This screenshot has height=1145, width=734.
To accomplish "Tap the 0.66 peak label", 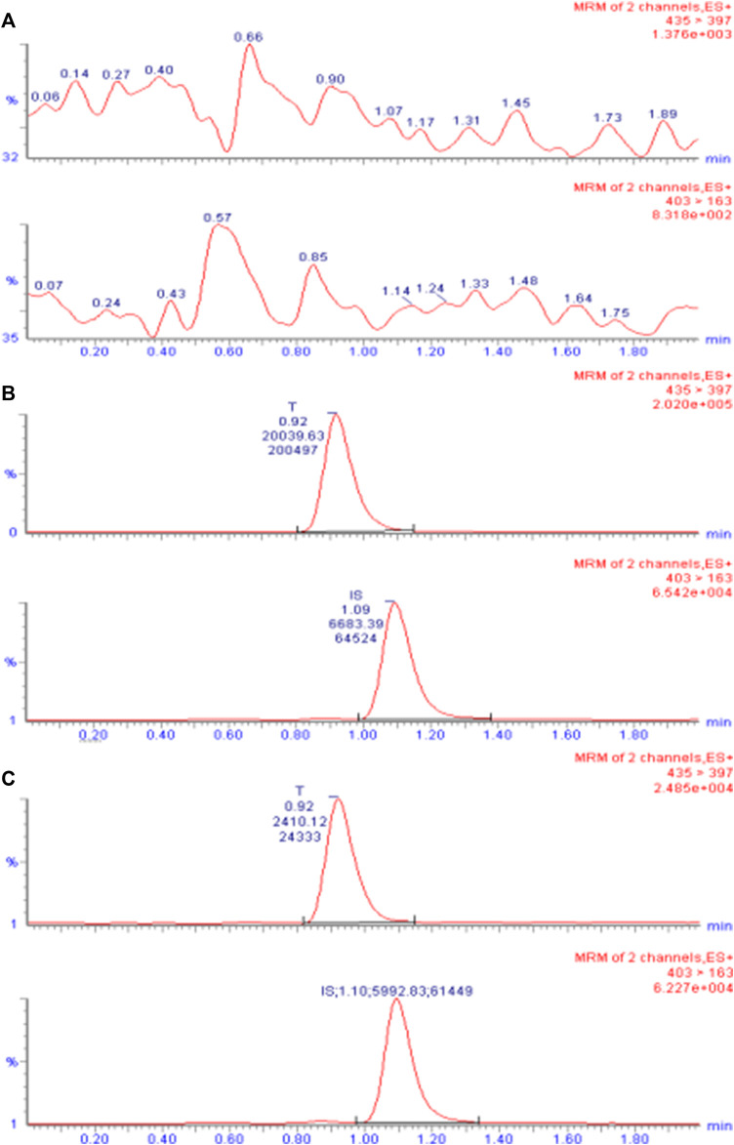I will [x=248, y=36].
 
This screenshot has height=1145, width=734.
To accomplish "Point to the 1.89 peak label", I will [x=664, y=113].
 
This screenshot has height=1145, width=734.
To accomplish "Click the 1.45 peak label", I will [x=515, y=102].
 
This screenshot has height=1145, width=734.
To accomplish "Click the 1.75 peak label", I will [x=614, y=312].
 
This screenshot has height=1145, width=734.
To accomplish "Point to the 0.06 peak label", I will [x=45, y=97].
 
